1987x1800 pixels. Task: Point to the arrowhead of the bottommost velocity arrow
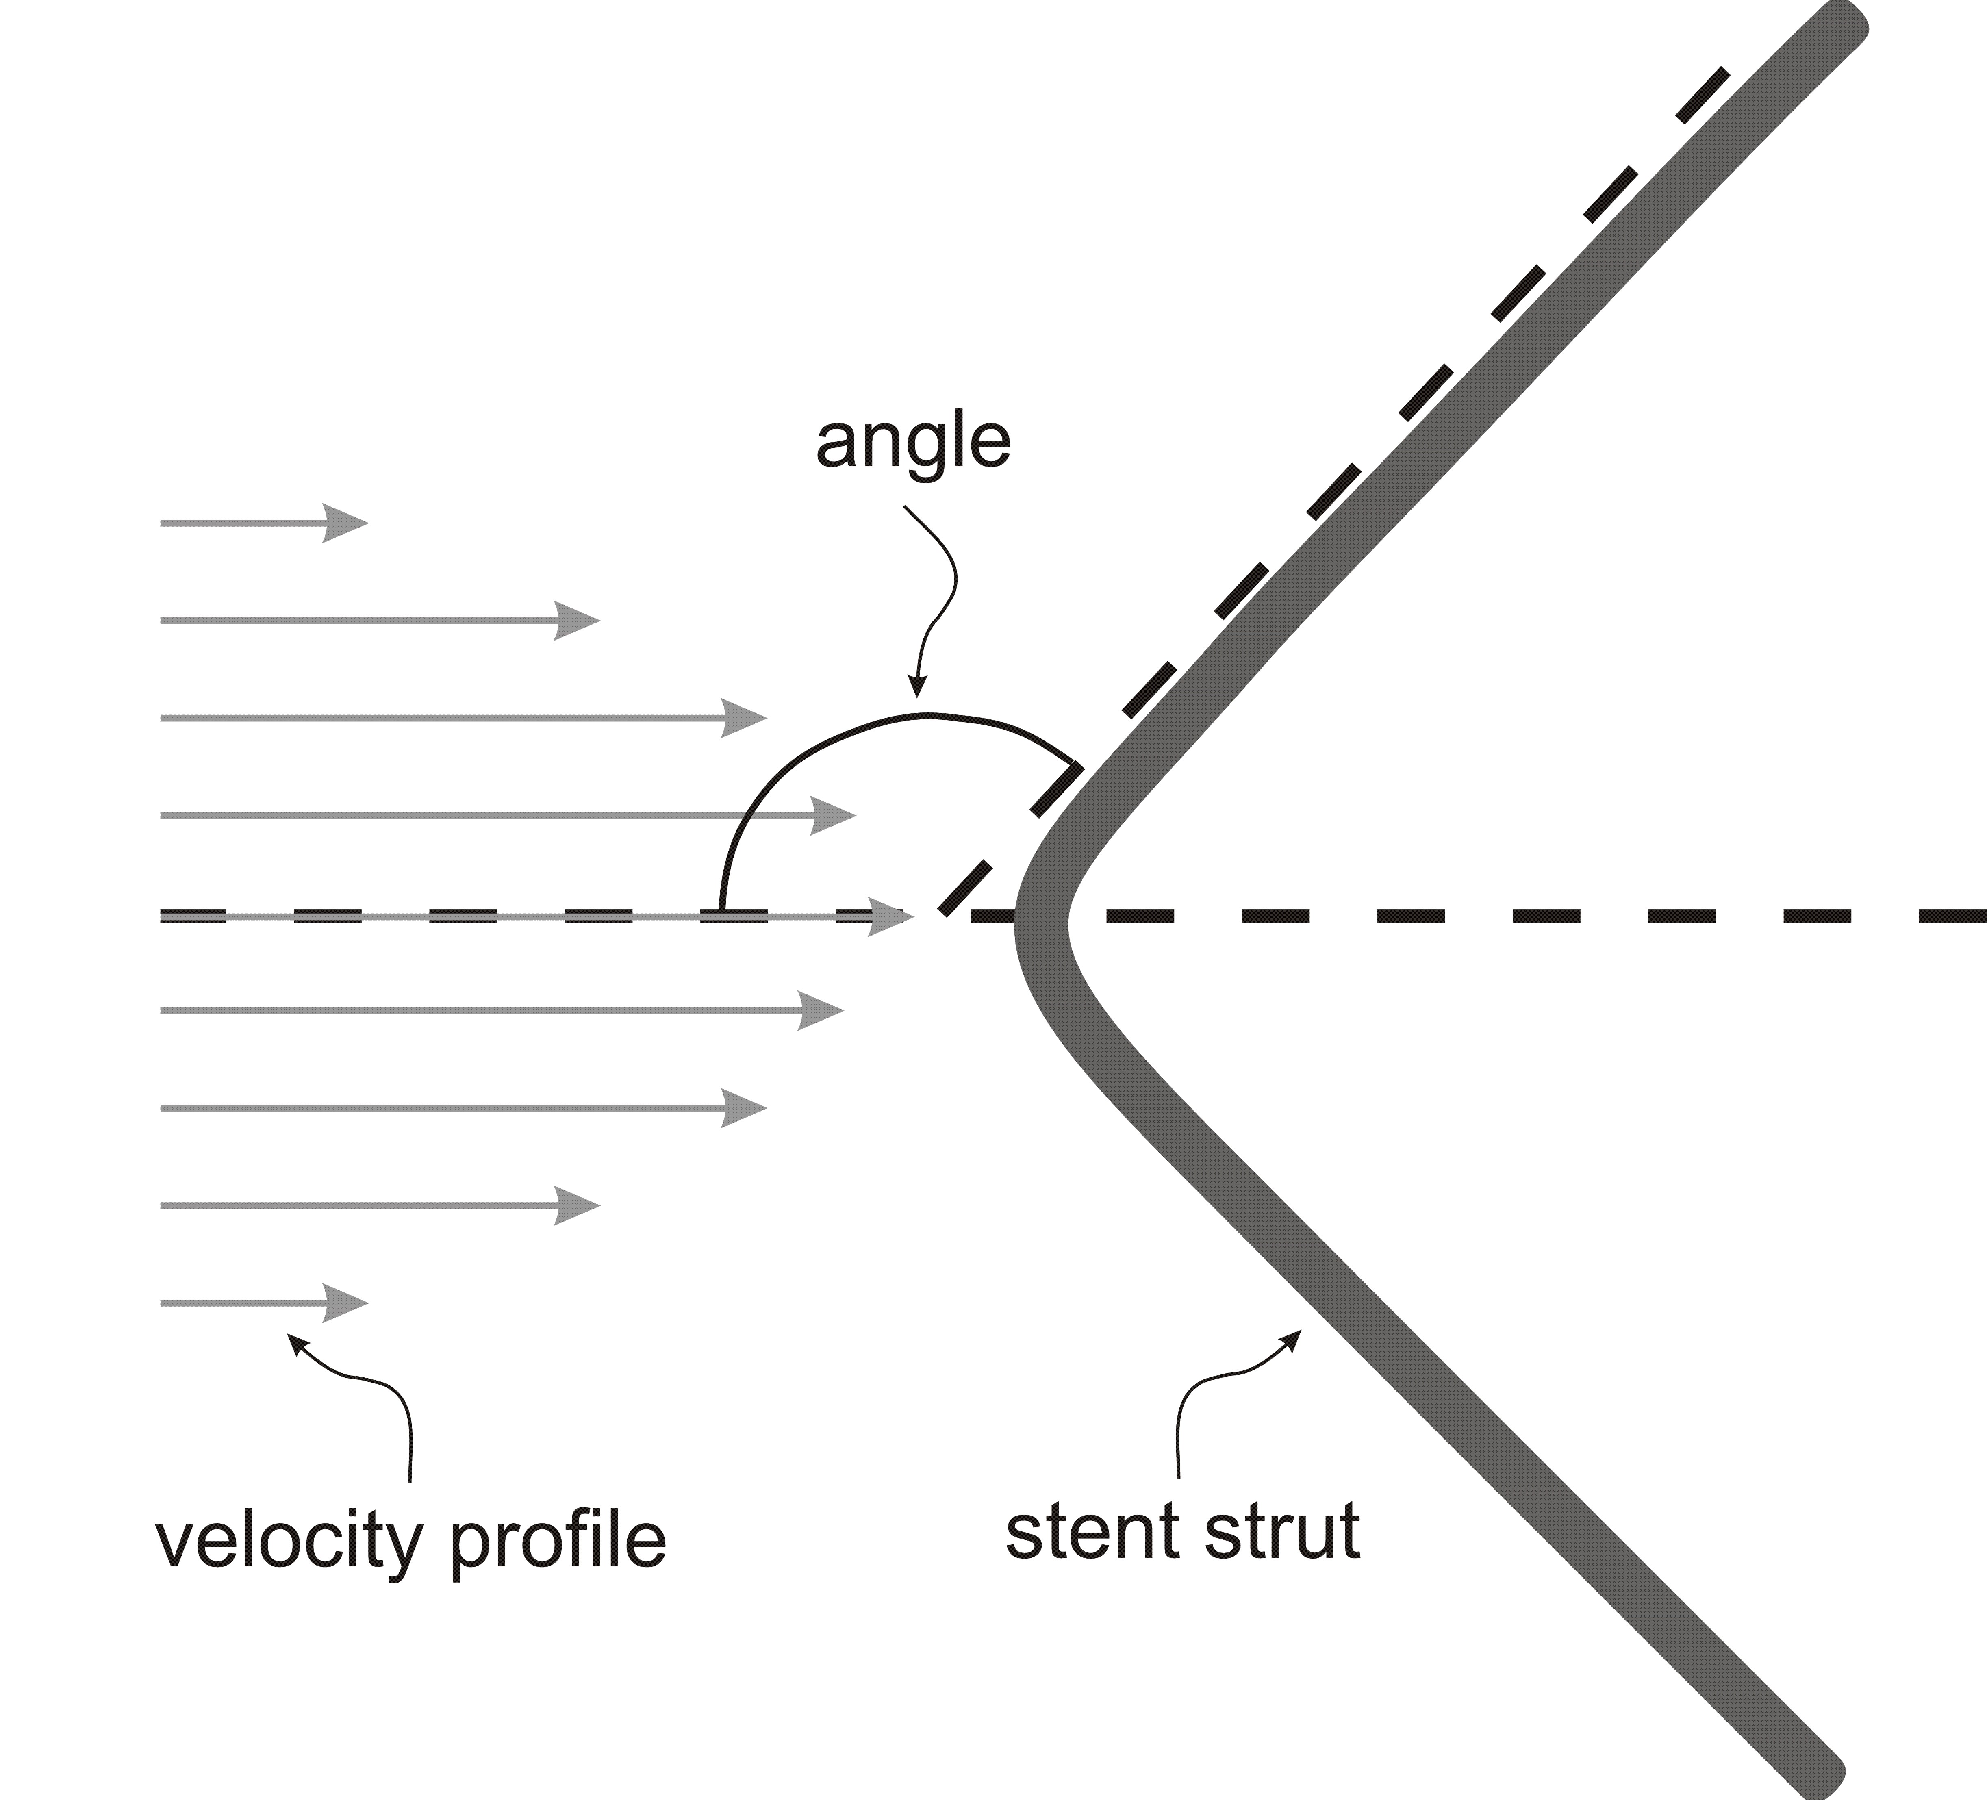pos(345,1303)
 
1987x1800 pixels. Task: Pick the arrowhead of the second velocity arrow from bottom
pos(577,1205)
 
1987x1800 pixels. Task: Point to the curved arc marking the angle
pos(923,714)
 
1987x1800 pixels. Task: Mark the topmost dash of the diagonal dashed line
pos(1702,96)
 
